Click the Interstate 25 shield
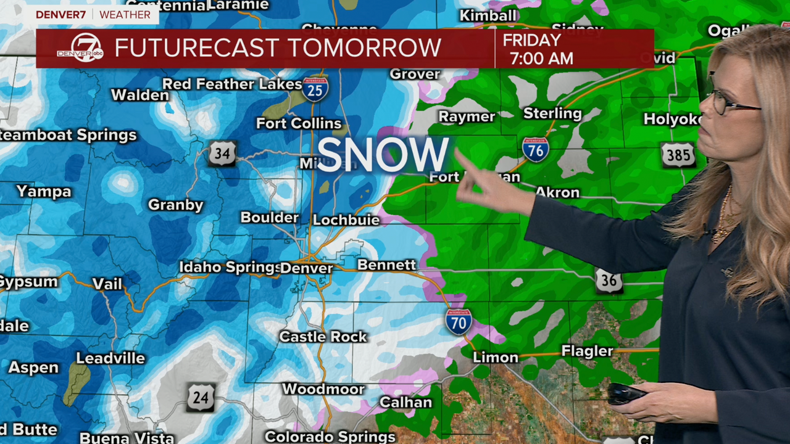coord(315,89)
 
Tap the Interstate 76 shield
coord(535,149)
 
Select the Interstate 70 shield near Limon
coord(459,322)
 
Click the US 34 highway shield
coord(222,153)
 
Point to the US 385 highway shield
coord(678,155)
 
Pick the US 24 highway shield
coord(201,398)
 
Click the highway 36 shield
coord(609,281)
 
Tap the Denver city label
coord(307,268)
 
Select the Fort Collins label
coord(299,123)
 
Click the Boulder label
coord(270,218)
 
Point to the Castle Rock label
coord(323,337)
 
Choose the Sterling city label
coord(552,113)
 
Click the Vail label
coord(107,284)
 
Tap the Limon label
coord(495,358)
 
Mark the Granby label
coord(176,205)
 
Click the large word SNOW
coord(383,154)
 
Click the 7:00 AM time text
coord(541,59)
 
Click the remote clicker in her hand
coord(626,393)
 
